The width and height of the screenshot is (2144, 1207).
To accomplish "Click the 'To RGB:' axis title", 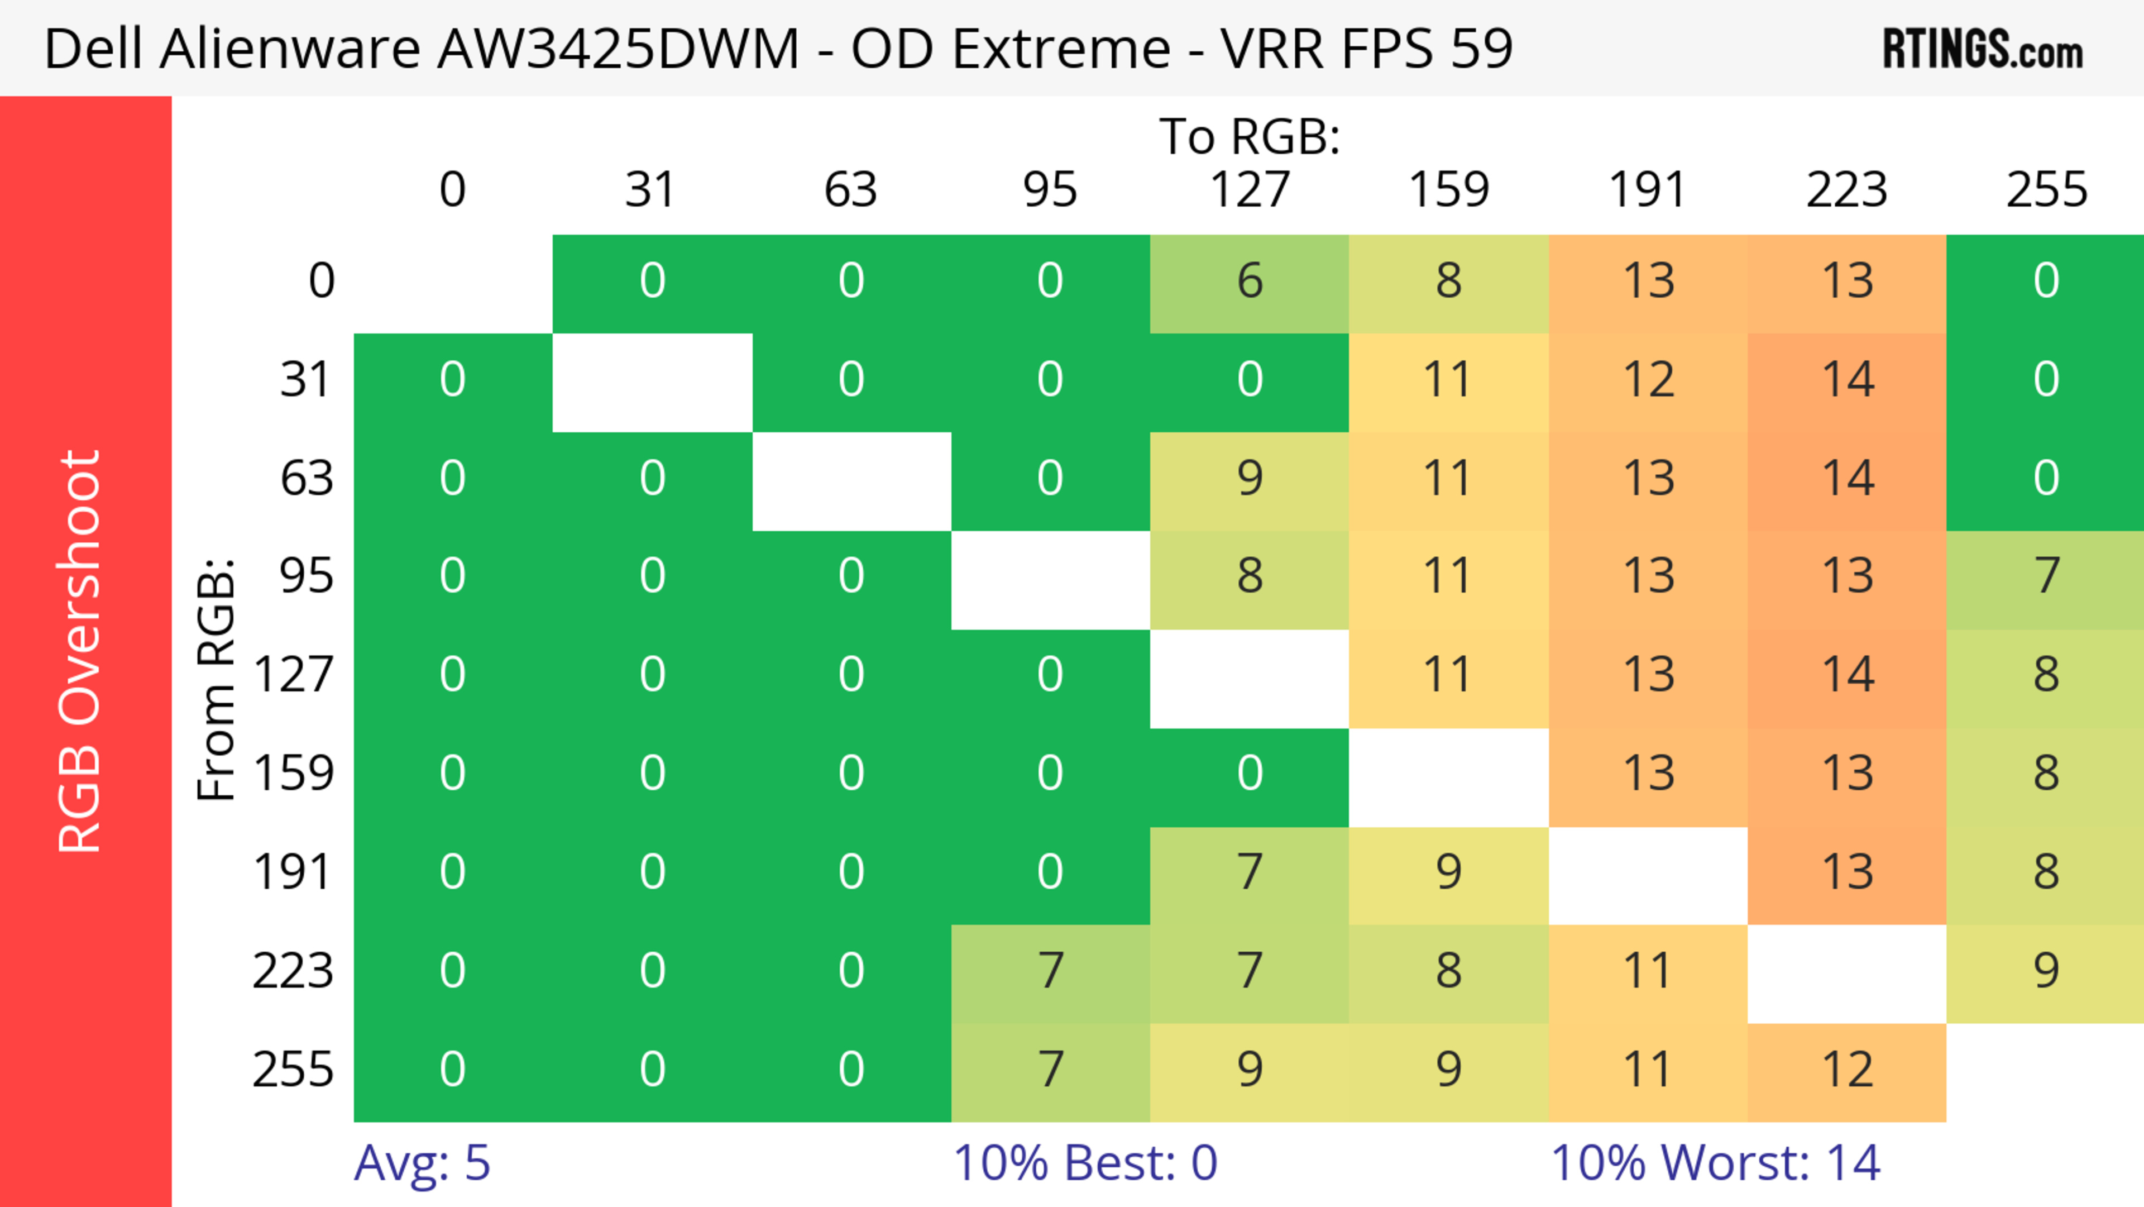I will [1250, 136].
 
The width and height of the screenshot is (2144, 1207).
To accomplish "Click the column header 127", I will [1250, 190].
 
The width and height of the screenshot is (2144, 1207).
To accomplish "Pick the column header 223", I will [1847, 190].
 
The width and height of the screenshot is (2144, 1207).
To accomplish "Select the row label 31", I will [307, 380].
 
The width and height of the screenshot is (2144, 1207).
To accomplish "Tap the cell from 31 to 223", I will [1847, 380].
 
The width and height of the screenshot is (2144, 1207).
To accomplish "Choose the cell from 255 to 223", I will [1847, 1070].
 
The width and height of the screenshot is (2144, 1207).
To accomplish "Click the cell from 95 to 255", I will [2046, 576].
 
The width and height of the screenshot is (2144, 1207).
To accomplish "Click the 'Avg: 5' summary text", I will [422, 1163].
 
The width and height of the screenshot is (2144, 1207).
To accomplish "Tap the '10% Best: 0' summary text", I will [1084, 1163].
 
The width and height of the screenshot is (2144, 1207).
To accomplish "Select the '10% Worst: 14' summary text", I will [1715, 1163].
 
